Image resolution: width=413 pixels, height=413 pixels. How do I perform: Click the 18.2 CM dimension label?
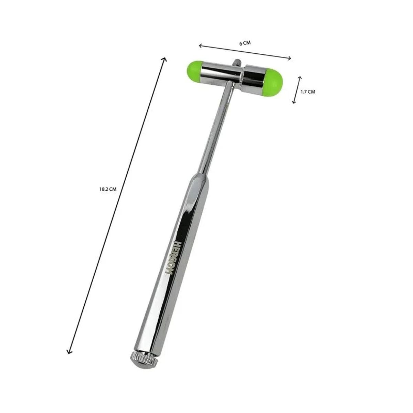tap(108, 189)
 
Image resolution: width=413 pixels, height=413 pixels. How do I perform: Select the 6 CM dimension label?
tap(245, 43)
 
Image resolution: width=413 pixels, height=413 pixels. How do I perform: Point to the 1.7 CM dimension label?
tap(308, 92)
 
